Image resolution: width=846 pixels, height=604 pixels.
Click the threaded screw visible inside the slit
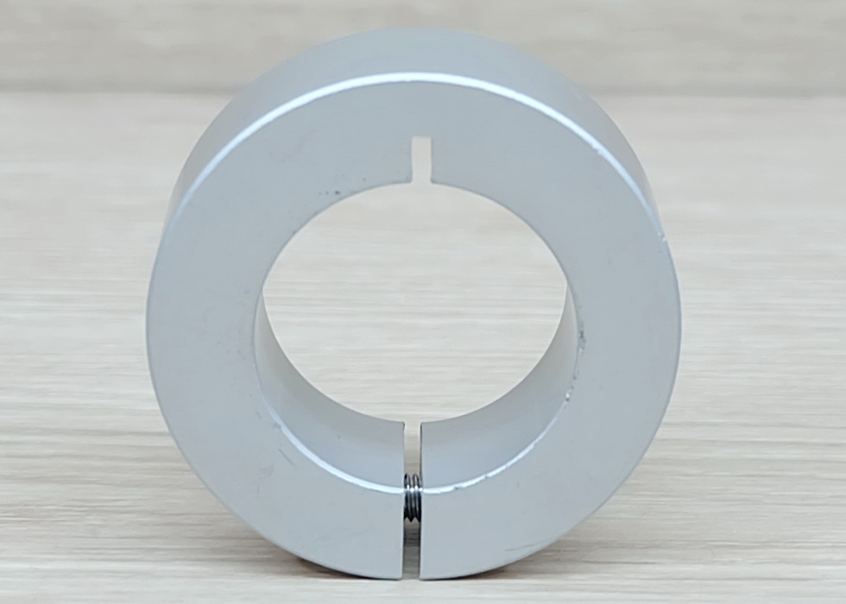click(413, 497)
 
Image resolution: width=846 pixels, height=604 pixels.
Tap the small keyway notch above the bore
click(420, 160)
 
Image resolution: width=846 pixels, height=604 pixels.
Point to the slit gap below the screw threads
click(412, 548)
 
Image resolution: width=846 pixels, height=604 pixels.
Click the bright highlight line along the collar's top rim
click(414, 80)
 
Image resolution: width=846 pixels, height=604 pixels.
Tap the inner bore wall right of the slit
click(501, 406)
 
